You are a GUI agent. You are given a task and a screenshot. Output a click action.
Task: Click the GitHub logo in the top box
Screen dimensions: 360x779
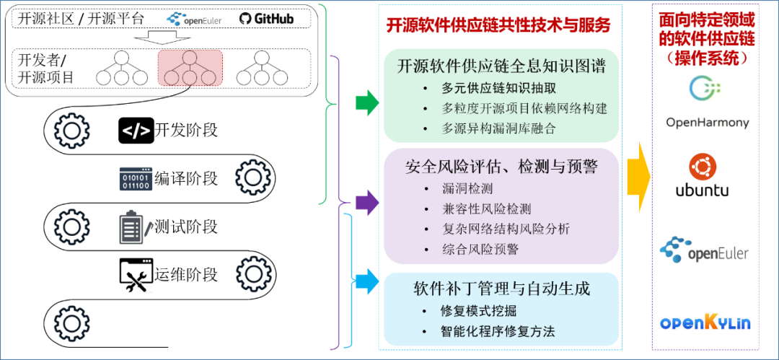point(266,18)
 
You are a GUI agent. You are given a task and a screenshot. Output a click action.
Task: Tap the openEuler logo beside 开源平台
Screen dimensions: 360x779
point(194,18)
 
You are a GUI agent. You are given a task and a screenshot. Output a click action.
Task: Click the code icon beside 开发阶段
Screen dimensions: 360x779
point(136,131)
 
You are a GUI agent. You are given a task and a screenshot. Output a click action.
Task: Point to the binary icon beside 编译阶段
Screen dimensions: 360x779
point(136,177)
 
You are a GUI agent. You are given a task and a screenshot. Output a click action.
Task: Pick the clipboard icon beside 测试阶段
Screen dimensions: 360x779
point(134,227)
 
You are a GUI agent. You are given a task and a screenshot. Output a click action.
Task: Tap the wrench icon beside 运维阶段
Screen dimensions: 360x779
point(136,275)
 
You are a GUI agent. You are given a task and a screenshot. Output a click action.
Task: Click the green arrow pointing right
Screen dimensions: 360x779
point(367,103)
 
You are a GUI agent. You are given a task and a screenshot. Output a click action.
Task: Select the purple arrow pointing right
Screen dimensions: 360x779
point(367,202)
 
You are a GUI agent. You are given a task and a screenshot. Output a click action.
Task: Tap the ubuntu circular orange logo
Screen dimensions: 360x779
point(702,167)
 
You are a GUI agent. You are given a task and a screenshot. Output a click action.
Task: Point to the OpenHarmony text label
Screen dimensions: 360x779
point(707,123)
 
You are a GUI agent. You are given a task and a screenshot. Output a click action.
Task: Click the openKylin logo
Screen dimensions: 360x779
point(705,322)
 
